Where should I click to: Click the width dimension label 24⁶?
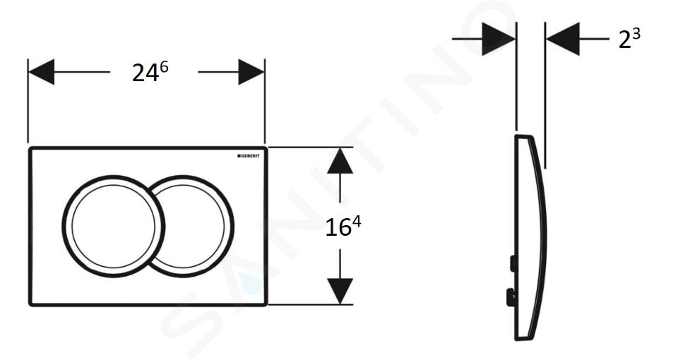coord(150,71)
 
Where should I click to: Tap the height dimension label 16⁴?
coord(343,227)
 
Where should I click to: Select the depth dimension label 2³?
coord(629,38)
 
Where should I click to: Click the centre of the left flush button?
coord(113,227)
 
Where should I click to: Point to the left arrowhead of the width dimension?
coord(41,72)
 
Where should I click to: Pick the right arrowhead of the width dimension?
coord(251,72)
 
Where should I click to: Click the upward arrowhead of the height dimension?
coord(340,161)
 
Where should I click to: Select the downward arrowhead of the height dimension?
coord(340,291)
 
